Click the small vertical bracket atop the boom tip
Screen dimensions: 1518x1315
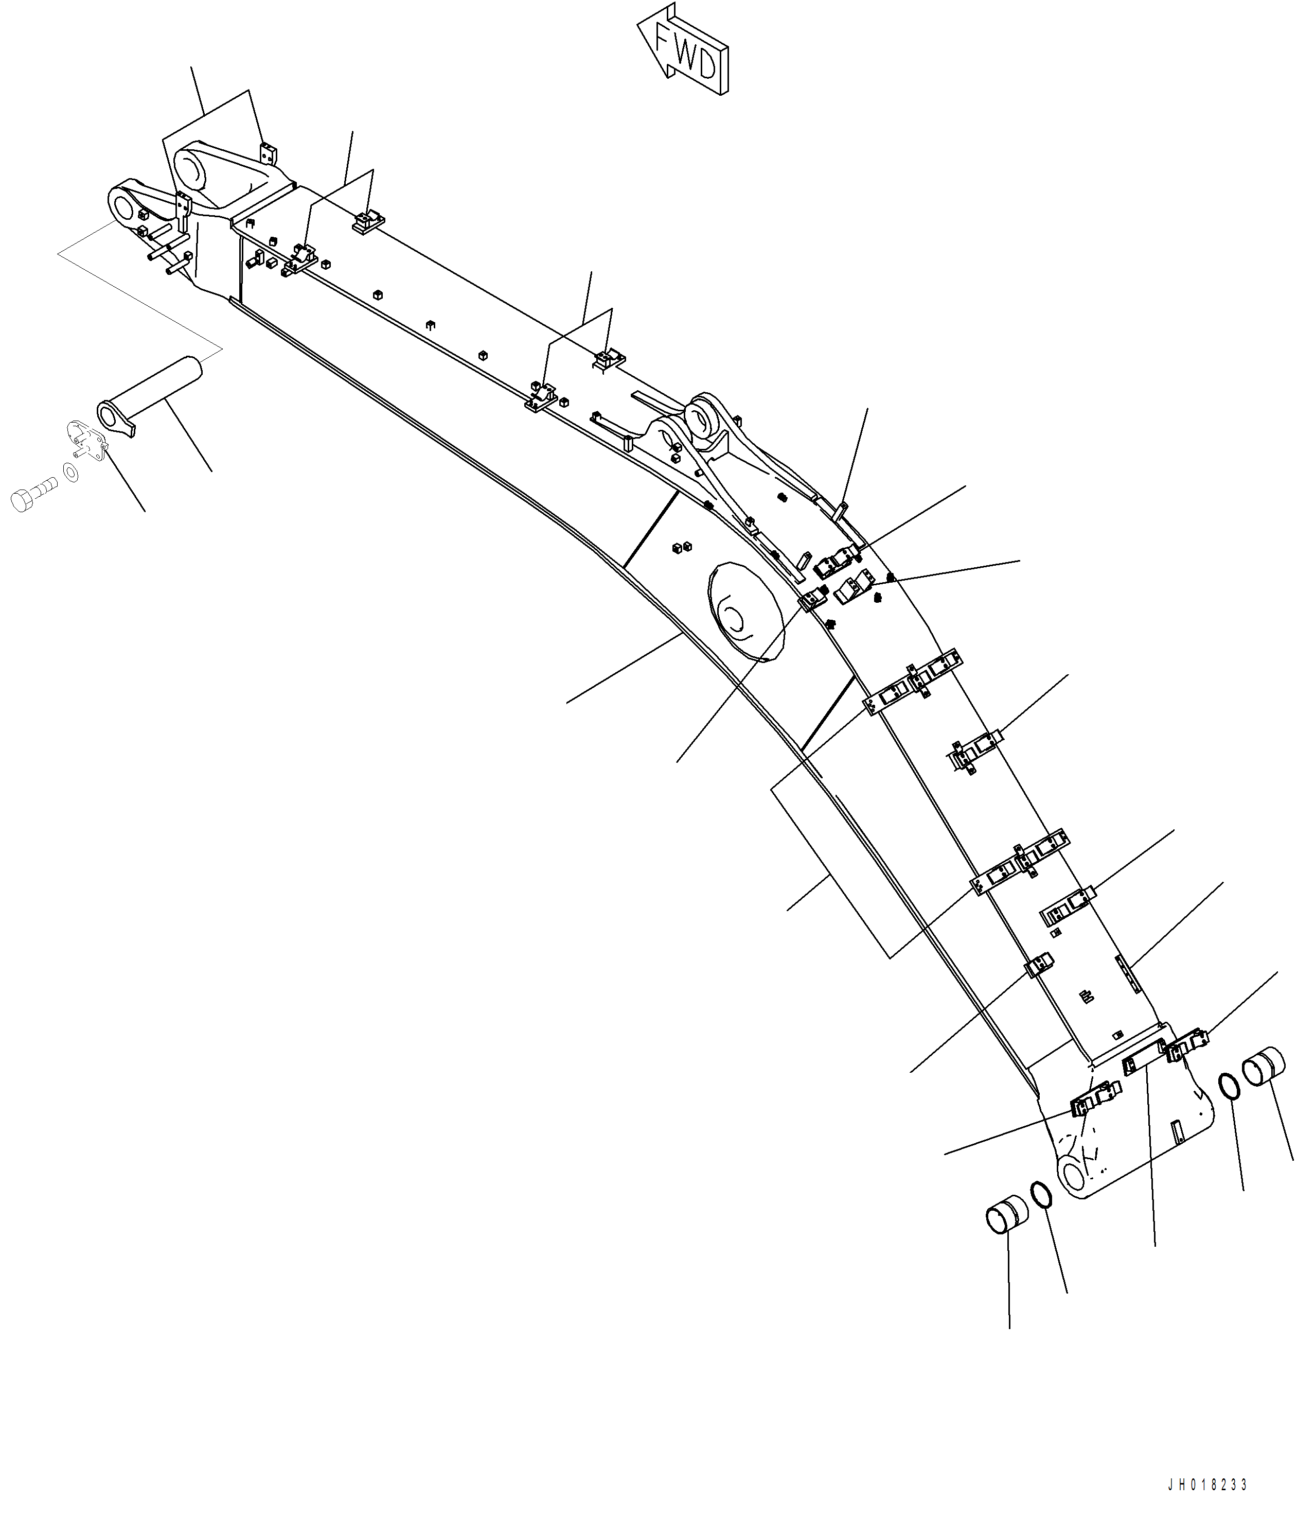pos(269,155)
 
